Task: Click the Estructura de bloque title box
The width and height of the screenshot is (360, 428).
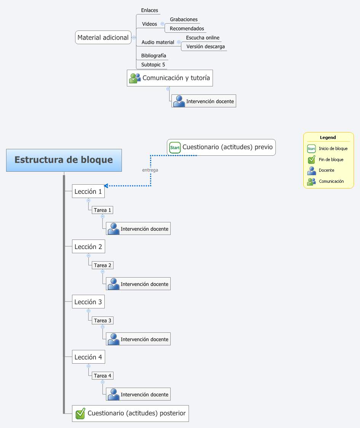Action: point(64,160)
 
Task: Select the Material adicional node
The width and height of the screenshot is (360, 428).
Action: point(103,37)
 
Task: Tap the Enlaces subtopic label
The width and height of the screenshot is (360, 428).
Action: point(149,10)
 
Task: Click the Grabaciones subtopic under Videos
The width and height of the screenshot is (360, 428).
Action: point(184,19)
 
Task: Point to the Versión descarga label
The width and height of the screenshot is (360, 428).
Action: point(205,46)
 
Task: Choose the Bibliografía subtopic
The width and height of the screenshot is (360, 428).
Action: point(154,56)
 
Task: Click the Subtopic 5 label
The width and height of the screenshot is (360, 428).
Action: point(153,65)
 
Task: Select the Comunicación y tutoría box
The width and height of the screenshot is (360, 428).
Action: point(170,78)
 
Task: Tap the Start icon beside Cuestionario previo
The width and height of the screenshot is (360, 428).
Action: point(175,147)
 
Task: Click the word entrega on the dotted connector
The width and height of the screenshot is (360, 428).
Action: point(150,170)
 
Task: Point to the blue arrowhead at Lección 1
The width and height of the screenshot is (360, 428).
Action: point(106,186)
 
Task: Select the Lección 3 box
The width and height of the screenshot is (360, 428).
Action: point(88,302)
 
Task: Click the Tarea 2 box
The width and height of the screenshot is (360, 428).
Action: point(103,265)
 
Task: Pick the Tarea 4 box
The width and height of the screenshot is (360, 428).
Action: point(103,376)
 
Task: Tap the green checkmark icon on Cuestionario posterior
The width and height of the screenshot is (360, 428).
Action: point(80,414)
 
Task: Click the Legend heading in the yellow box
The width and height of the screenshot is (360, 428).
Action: point(328,137)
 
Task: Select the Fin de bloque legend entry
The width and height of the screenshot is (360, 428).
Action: point(331,160)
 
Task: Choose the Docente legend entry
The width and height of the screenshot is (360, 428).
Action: point(326,170)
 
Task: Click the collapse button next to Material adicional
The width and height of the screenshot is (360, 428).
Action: point(134,38)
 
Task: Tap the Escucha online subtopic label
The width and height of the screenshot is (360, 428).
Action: point(203,38)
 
